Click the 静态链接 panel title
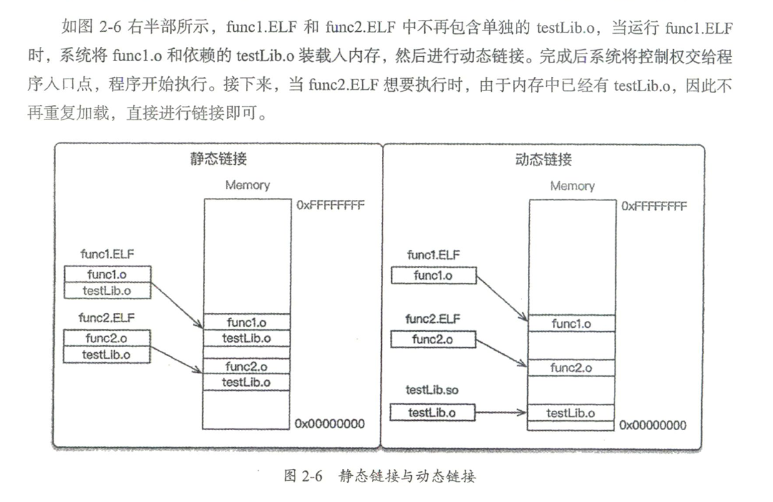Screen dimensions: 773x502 click(x=218, y=159)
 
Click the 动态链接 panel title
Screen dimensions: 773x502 click(x=543, y=160)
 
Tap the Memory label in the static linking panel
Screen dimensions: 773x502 click(x=248, y=185)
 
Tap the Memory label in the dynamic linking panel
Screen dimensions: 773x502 click(x=573, y=187)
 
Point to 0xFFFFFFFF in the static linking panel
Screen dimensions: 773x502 click(x=330, y=205)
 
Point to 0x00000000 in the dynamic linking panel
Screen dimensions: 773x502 click(x=653, y=425)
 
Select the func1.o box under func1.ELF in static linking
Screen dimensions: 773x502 click(x=107, y=274)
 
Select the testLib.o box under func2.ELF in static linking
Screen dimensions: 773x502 click(x=107, y=355)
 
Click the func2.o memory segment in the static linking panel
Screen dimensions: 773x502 click(x=246, y=367)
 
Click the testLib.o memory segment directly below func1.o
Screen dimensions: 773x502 click(x=246, y=338)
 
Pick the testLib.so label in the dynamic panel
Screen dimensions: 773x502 click(x=432, y=390)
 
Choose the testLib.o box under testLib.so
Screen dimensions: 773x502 click(x=432, y=413)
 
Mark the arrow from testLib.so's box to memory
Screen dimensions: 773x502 click(x=501, y=412)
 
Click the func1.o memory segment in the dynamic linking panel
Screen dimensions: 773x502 click(x=571, y=323)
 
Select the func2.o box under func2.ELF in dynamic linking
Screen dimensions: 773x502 click(x=433, y=340)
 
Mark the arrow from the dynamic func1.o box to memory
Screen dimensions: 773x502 click(x=502, y=298)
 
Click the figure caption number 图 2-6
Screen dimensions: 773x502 click(x=303, y=476)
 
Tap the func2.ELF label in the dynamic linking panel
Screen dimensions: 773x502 click(x=433, y=319)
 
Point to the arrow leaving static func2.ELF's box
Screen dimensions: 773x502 click(x=177, y=360)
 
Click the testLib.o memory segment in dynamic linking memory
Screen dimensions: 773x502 click(x=571, y=413)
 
